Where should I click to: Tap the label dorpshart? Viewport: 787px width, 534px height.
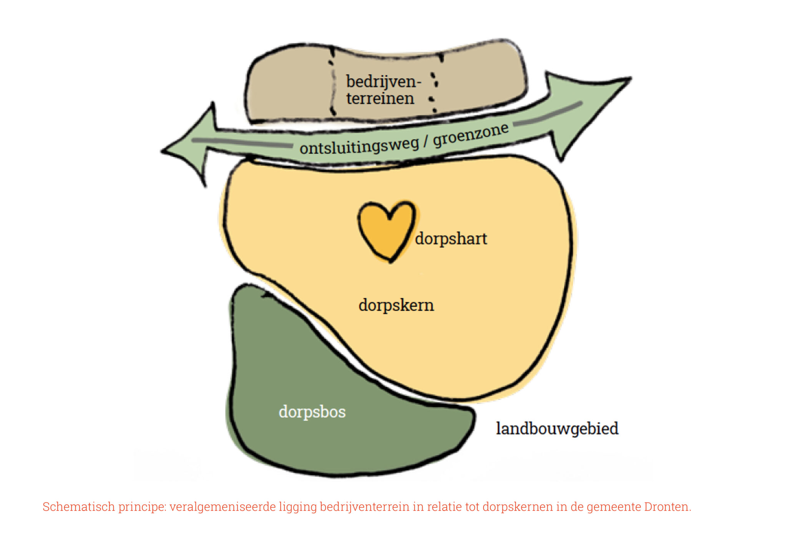451,239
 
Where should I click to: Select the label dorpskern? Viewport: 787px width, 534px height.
396,305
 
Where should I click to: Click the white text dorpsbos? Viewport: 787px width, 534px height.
312,412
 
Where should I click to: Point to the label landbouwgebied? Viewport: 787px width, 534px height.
557,429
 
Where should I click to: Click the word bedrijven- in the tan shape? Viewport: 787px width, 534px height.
383,82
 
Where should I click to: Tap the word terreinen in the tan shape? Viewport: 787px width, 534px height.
380,98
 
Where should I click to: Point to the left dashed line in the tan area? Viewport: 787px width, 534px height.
332,83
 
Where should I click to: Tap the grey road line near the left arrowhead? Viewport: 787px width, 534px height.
242,143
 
